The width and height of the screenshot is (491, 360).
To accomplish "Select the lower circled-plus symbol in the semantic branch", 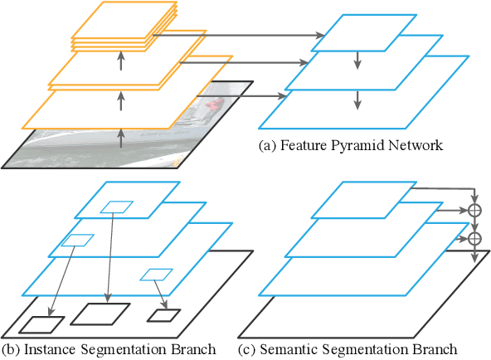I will (x=474, y=239).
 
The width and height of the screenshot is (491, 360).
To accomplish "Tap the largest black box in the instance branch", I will (x=100, y=313).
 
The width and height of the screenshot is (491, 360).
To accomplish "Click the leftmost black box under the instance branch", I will (x=42, y=324).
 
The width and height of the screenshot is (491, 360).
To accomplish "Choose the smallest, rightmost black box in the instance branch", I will (x=163, y=315).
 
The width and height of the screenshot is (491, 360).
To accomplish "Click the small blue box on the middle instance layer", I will (x=76, y=241).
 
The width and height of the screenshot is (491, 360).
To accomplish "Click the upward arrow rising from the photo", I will (x=121, y=138).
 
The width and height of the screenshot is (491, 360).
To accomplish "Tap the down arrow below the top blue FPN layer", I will (x=357, y=61).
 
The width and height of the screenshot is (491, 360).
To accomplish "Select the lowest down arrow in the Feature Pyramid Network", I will (x=357, y=100).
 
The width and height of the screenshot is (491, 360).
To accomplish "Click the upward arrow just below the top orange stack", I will (x=121, y=61).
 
